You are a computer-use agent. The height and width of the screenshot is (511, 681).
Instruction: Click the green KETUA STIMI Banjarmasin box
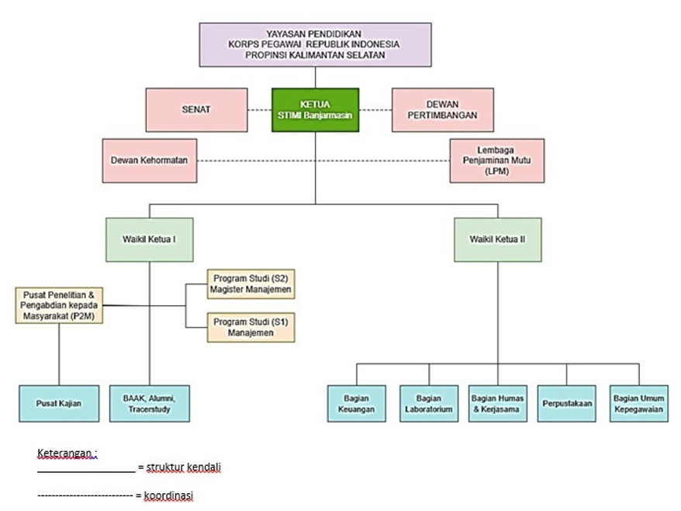(315, 109)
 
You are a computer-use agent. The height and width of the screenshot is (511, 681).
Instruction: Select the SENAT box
(195, 109)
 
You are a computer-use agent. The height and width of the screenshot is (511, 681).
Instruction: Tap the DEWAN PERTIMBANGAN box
(442, 109)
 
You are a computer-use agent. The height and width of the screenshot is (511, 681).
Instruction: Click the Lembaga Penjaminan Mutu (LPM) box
(496, 160)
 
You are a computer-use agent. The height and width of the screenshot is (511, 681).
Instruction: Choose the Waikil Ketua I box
(150, 238)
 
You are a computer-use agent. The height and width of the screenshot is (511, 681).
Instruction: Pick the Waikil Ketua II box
(497, 238)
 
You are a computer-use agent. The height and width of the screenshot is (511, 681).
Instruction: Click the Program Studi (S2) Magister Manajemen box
(251, 284)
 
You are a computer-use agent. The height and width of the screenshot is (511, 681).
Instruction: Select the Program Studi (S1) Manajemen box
(251, 326)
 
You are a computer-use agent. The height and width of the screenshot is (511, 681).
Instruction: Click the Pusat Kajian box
(59, 404)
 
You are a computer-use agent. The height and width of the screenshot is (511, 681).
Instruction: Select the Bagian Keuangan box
(356, 404)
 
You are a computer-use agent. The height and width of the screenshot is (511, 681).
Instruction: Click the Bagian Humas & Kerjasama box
(497, 404)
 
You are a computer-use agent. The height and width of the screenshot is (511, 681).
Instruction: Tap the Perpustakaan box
(566, 404)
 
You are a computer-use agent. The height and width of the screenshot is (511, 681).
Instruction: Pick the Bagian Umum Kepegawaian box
(638, 404)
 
